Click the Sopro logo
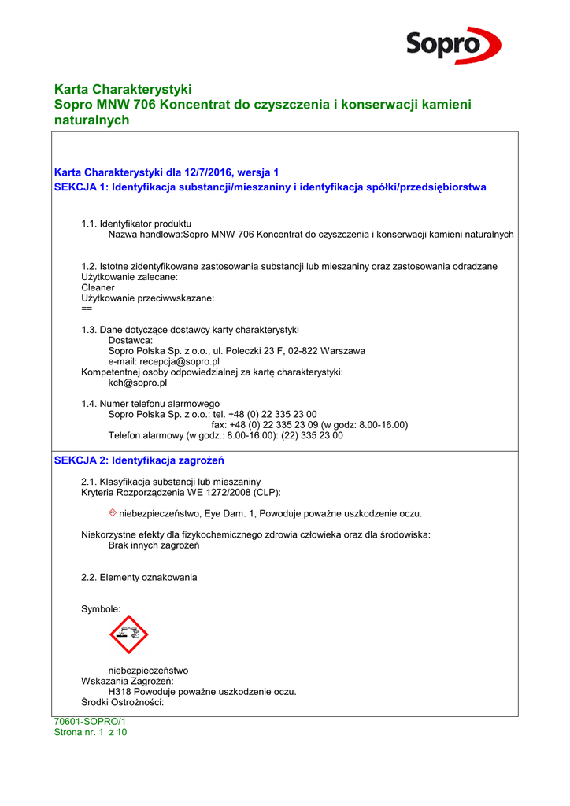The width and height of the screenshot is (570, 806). (453, 45)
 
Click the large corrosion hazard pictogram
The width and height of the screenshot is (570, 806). (129, 634)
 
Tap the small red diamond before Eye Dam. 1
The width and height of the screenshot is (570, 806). (113, 513)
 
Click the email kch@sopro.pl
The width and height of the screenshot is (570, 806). (138, 383)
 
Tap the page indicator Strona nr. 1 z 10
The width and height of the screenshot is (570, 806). (90, 732)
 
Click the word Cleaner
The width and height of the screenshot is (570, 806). (98, 287)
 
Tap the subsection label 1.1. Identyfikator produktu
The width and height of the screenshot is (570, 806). (136, 224)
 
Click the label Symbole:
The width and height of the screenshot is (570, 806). (101, 609)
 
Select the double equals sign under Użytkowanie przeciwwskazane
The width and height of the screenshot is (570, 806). (87, 309)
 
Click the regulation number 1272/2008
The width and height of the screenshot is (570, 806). (228, 492)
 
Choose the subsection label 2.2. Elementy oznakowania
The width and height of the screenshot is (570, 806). (139, 577)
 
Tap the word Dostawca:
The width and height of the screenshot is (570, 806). (131, 340)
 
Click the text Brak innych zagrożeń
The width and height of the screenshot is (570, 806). (154, 545)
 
